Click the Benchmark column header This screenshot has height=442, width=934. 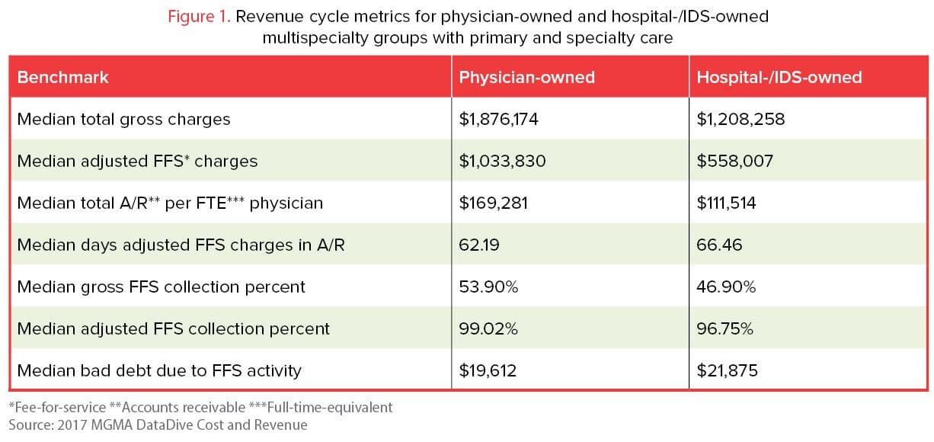(x=63, y=77)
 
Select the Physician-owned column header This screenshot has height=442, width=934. (x=527, y=77)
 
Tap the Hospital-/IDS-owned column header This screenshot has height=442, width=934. (x=779, y=77)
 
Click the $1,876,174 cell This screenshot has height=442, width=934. (x=503, y=120)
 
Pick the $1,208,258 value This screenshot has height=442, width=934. (x=741, y=120)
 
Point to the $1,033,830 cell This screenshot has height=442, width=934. (x=503, y=162)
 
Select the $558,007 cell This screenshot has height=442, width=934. (x=735, y=162)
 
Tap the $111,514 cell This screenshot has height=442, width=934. (x=732, y=203)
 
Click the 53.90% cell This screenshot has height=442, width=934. (x=488, y=287)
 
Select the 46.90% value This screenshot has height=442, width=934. (x=726, y=287)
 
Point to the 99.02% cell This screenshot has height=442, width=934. (x=488, y=328)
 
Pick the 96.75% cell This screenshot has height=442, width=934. (x=725, y=328)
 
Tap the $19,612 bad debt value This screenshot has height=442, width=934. (x=488, y=370)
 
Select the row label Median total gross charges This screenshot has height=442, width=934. (x=123, y=120)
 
